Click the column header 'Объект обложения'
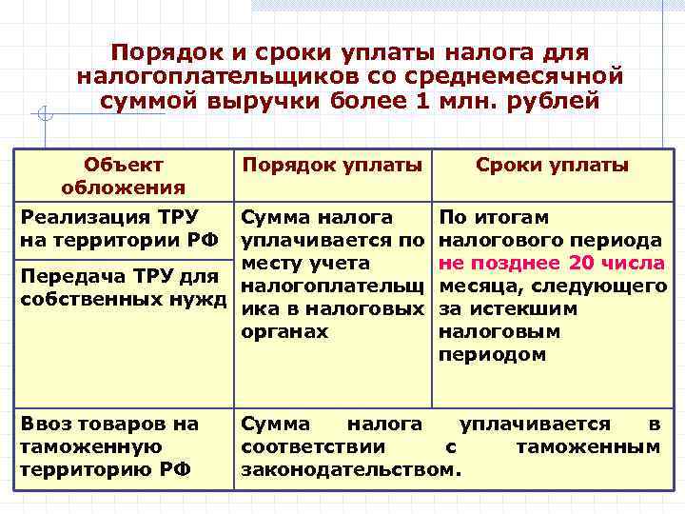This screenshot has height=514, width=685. pyautogui.click(x=124, y=175)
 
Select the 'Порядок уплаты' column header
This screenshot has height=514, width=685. pyautogui.click(x=332, y=165)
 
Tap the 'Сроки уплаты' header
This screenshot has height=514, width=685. pyautogui.click(x=552, y=165)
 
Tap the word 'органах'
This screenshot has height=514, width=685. pyautogui.click(x=285, y=332)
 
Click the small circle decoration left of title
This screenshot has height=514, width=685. pyautogui.click(x=44, y=116)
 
